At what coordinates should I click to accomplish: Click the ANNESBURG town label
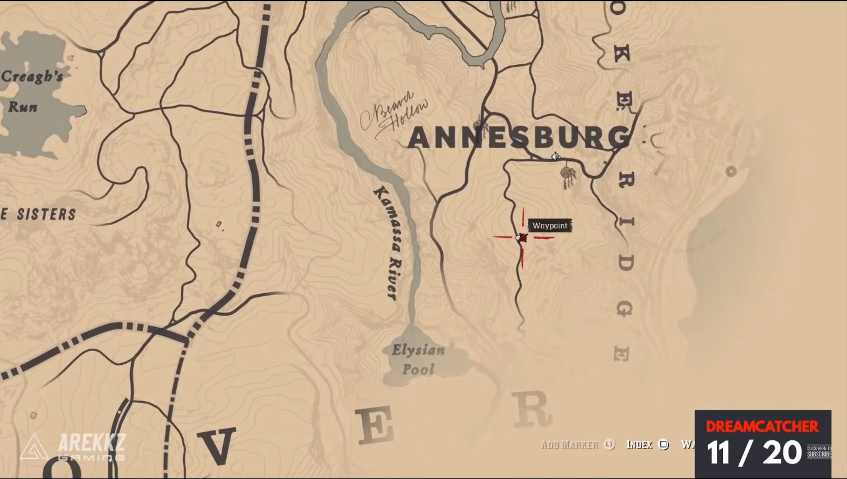click(518, 138)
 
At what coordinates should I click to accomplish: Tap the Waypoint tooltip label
click(549, 226)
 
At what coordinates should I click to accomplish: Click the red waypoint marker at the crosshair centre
click(523, 238)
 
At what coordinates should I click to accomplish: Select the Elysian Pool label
click(418, 359)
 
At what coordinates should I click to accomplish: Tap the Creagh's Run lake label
click(31, 91)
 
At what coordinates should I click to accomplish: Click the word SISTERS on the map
click(46, 215)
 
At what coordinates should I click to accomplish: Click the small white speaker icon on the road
click(556, 157)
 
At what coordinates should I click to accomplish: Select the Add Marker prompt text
click(570, 445)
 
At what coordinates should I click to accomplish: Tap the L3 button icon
click(609, 445)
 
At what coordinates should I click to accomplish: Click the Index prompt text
click(639, 445)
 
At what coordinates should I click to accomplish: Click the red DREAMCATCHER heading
click(762, 427)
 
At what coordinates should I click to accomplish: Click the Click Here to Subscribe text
click(819, 452)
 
